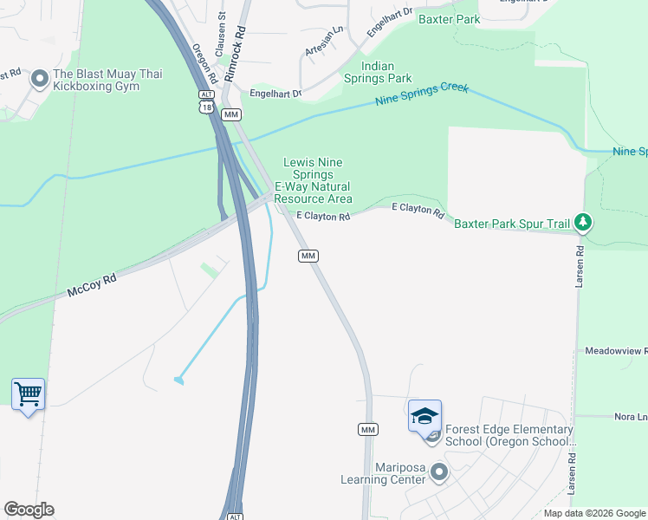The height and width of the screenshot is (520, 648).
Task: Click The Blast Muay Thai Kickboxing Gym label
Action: point(107,81)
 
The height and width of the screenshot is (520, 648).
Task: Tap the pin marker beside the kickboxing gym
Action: point(39,80)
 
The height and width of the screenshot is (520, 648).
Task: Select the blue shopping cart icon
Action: point(28,394)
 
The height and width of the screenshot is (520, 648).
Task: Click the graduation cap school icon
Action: point(424,416)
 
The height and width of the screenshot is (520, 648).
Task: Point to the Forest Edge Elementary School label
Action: point(509,436)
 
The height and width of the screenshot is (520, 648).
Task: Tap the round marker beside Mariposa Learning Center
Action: point(439,473)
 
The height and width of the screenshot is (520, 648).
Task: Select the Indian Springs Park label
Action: point(386,72)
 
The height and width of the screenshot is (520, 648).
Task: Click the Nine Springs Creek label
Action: point(422,95)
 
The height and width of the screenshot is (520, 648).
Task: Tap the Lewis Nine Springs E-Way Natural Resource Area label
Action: point(313,180)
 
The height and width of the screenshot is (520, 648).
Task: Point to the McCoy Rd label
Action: point(92,287)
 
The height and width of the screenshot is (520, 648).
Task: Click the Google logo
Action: point(29,510)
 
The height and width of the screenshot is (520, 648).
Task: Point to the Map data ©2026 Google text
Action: point(593,513)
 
